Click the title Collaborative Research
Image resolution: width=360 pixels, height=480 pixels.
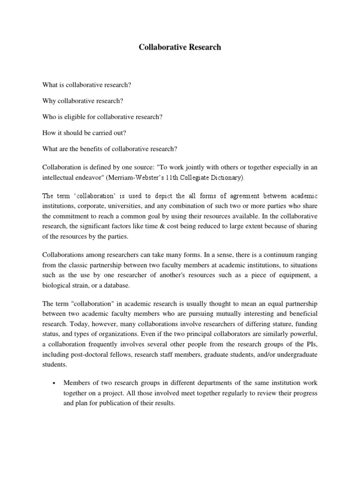[x=180, y=47]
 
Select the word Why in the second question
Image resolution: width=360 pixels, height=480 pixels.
[x=49, y=101]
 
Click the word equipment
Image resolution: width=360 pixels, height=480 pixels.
[x=291, y=276]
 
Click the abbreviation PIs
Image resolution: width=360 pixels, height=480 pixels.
[x=309, y=344]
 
